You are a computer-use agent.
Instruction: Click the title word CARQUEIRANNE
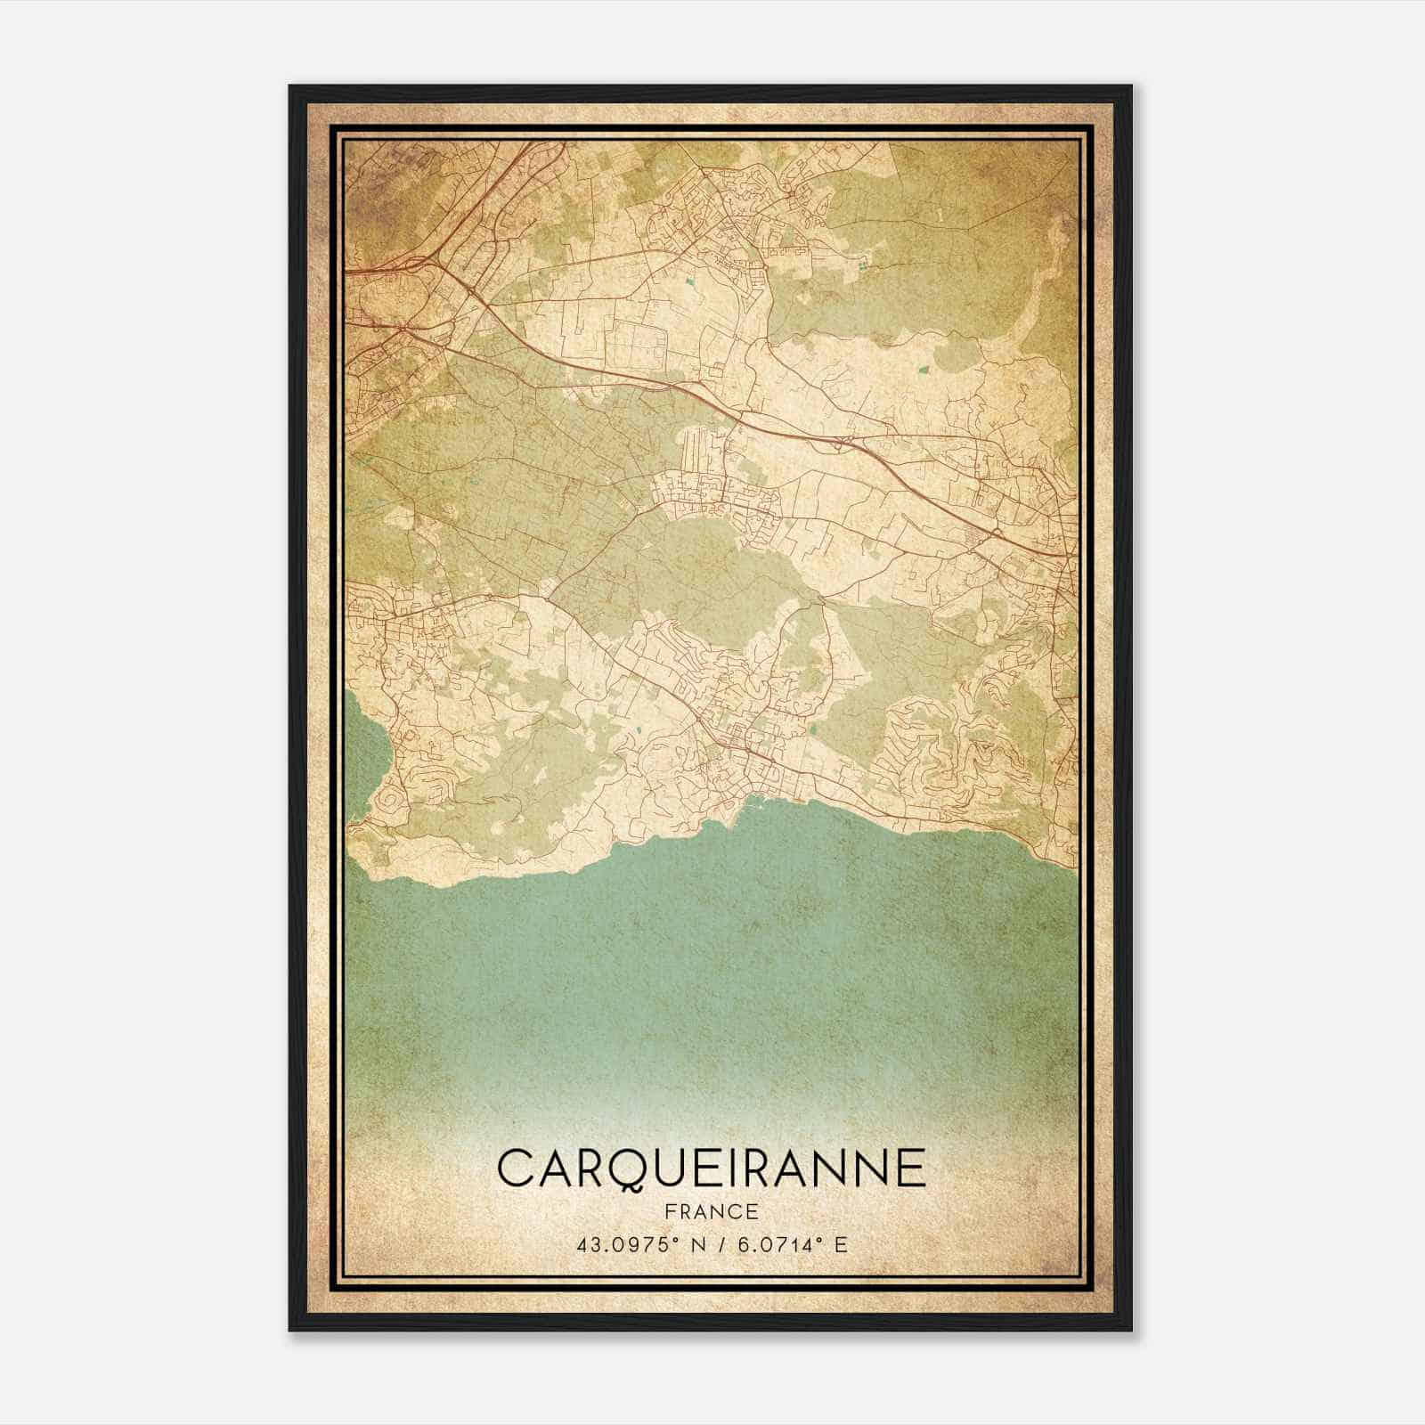pos(711,1168)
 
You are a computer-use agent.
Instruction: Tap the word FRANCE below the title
pos(711,1212)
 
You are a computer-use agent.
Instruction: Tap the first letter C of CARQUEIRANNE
pos(516,1168)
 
